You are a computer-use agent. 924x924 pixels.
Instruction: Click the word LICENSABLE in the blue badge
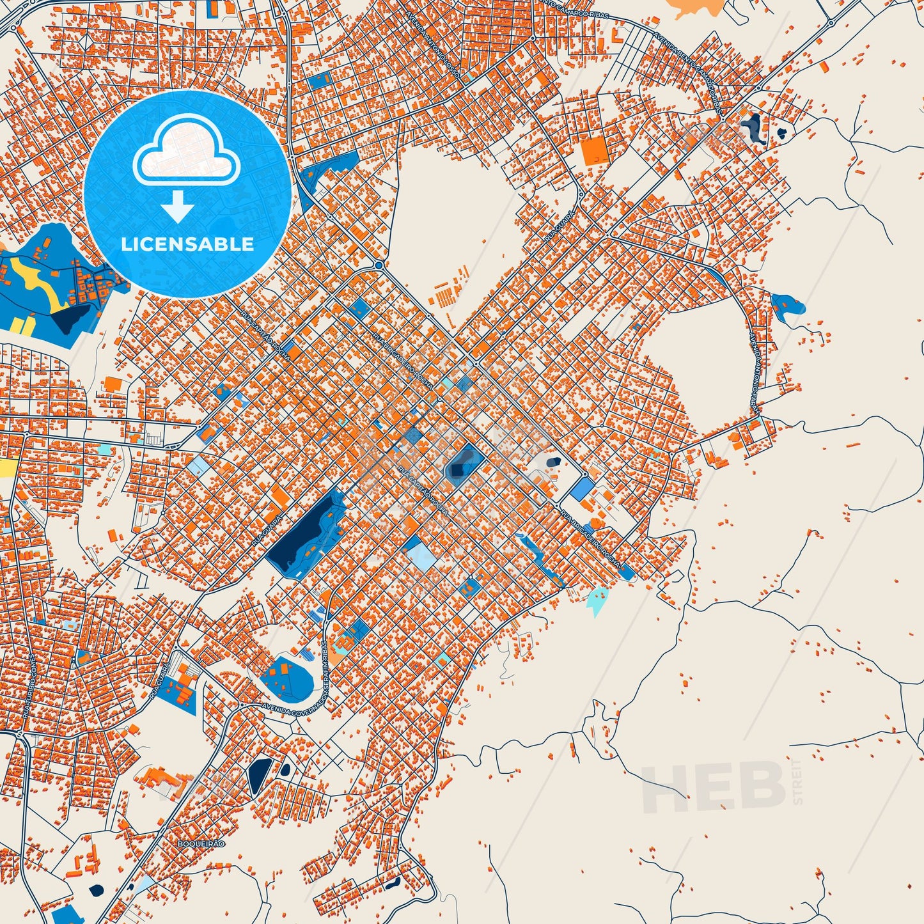(187, 244)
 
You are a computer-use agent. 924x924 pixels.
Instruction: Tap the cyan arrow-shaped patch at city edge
(597, 602)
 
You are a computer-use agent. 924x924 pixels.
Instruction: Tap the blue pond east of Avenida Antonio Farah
(787, 305)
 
